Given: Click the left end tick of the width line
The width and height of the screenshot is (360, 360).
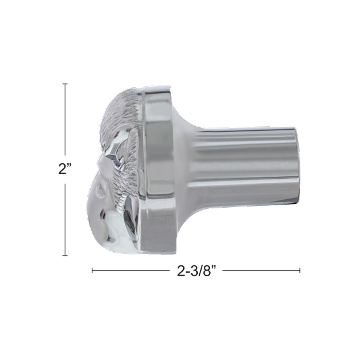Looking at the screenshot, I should pyautogui.click(x=92, y=271).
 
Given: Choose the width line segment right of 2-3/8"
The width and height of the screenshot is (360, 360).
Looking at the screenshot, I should pyautogui.click(x=261, y=271).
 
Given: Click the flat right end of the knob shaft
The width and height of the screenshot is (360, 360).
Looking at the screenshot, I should pyautogui.click(x=297, y=162).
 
